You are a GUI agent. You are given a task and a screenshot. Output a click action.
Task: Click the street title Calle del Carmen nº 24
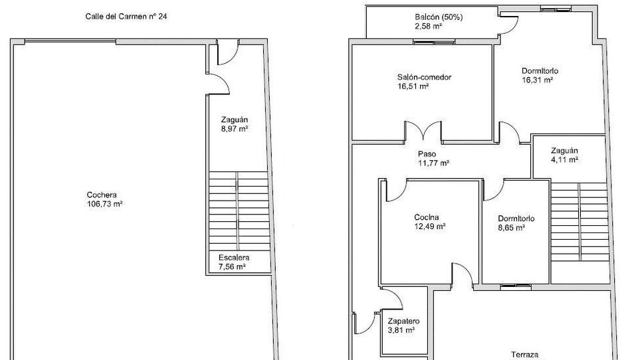coord(126,17)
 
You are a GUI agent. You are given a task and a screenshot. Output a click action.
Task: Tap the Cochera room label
coord(102,195)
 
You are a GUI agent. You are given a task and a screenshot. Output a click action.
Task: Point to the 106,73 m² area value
coord(104,204)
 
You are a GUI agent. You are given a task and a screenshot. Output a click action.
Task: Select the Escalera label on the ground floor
coord(234,258)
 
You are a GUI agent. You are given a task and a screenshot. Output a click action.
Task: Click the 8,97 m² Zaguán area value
coord(234,129)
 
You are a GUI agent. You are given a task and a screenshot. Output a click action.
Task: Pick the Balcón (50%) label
coord(439,17)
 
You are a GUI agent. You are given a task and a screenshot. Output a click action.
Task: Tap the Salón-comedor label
coord(424,77)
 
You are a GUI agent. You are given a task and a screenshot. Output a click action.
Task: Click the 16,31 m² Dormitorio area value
coord(538,80)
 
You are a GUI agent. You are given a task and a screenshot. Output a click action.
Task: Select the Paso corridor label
coord(427,154)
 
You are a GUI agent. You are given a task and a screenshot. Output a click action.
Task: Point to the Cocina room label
coord(426,217)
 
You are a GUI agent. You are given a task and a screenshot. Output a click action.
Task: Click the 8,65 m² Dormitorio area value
coord(512,228)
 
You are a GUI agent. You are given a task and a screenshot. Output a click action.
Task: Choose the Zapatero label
coord(404,321)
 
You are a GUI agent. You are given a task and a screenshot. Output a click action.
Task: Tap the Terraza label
coord(524,355)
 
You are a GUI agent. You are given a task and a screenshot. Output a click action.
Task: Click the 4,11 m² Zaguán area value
coord(564,160)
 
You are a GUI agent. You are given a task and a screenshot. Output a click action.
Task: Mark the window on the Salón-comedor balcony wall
coord(434,41)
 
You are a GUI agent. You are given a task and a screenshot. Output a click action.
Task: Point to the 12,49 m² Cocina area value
coord(430,226)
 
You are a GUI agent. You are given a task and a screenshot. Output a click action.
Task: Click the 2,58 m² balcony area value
coord(428,27)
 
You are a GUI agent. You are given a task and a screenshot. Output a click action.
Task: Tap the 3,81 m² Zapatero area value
coord(401,330)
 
